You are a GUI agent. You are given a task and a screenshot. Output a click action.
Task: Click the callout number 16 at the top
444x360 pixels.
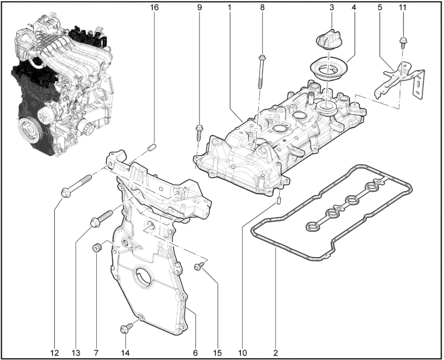(x=155, y=7)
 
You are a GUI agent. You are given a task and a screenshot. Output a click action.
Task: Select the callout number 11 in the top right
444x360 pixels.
(x=402, y=7)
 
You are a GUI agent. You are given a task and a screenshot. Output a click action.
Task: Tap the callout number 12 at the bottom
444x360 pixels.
(x=55, y=352)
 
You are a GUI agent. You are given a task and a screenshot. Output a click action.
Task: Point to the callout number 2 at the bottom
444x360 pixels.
(x=276, y=352)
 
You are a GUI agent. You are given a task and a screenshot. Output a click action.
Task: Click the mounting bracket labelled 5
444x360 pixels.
(x=400, y=81)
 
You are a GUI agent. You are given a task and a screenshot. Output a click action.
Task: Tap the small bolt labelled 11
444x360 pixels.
(x=402, y=43)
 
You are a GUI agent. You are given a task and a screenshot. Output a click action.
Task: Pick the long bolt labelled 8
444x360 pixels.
(x=261, y=72)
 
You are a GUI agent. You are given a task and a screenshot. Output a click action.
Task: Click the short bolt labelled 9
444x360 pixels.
(x=199, y=133)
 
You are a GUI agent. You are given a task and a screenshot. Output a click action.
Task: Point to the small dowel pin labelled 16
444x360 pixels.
(x=152, y=147)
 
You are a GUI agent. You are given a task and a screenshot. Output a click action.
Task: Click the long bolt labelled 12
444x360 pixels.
(x=77, y=186)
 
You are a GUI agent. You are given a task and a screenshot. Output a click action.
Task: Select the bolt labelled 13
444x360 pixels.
(x=101, y=219)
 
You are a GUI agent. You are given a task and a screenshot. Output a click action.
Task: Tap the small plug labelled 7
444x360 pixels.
(x=97, y=249)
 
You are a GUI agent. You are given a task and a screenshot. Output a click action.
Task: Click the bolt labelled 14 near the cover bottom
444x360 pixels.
(x=126, y=329)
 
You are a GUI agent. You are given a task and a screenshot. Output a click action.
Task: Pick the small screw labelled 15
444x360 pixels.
(x=200, y=266)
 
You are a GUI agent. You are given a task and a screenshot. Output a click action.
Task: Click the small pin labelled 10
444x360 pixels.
(x=279, y=201)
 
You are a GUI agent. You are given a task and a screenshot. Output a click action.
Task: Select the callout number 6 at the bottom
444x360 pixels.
(x=195, y=352)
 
